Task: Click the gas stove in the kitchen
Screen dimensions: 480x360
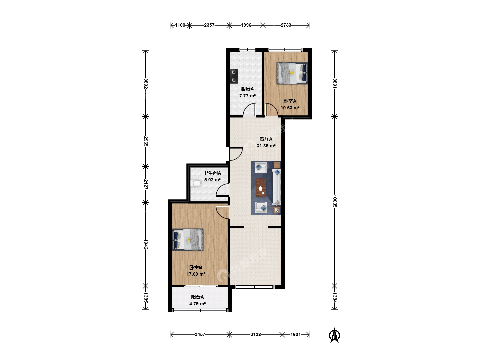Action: pos(234,76)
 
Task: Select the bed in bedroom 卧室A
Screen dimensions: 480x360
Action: pos(292,73)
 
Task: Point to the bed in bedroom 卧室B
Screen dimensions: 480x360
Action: pos(188,240)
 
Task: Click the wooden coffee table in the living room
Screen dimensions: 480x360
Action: pos(261,188)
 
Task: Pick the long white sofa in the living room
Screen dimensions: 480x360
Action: pos(276,187)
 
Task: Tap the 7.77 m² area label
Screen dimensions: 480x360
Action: pos(247,96)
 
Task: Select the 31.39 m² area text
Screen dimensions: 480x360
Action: pos(266,146)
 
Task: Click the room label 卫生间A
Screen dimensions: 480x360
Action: pos(212,173)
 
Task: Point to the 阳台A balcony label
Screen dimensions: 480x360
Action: pos(197,297)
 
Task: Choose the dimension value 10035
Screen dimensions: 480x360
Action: pos(335,201)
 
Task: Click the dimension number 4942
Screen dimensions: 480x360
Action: pos(146,244)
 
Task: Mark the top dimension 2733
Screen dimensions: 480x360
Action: pos(286,25)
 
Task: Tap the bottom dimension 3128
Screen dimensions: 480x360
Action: pos(255,334)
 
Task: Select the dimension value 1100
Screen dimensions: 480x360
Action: pos(180,25)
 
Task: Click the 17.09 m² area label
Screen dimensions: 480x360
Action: pos(196,274)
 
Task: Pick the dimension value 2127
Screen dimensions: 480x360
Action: pos(146,184)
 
